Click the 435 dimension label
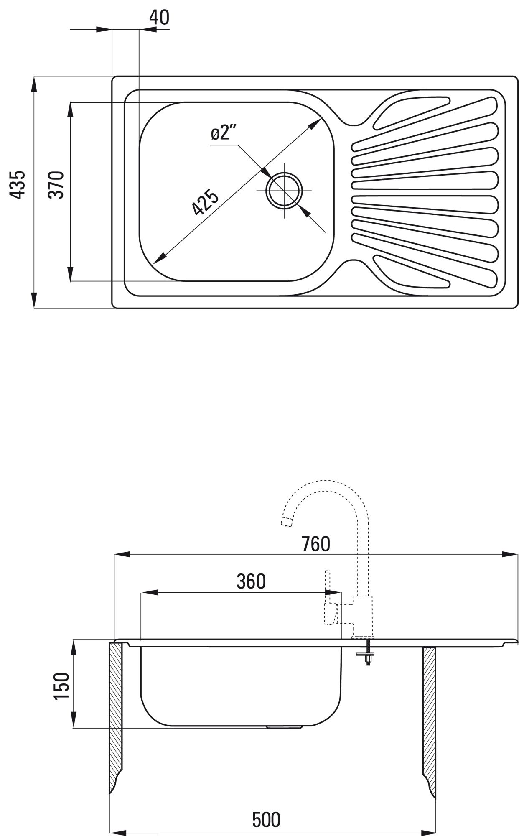tap(18, 184)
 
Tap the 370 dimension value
tap(56, 184)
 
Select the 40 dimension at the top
tap(159, 18)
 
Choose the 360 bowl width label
tap(251, 581)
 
